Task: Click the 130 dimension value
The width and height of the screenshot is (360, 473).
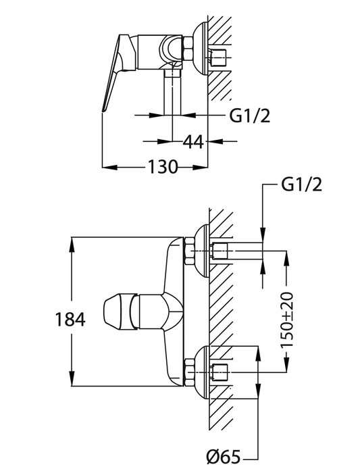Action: (163, 166)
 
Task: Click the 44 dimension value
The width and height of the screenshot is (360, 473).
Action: (194, 141)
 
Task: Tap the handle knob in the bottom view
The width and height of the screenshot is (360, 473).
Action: (119, 311)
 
